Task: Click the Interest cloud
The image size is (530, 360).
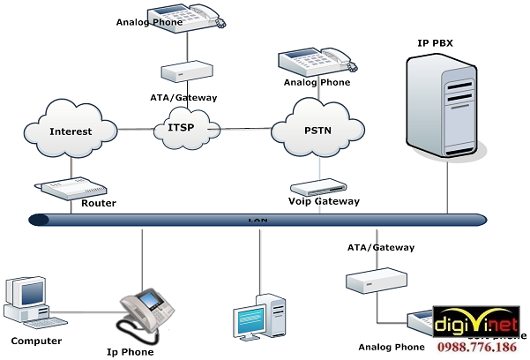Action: pyautogui.click(x=70, y=131)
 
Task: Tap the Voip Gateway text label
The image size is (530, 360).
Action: pyautogui.click(x=325, y=201)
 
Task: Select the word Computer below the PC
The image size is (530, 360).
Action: pyautogui.click(x=36, y=341)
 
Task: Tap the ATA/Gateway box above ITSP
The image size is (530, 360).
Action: pyautogui.click(x=186, y=71)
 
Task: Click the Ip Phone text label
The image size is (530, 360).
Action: pyautogui.click(x=130, y=352)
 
